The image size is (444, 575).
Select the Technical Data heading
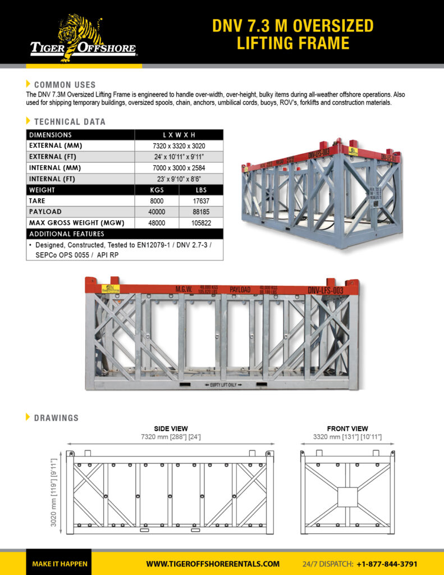[x=69, y=122]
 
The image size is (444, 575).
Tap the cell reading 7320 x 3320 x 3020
[x=178, y=146]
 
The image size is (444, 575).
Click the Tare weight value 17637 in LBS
[x=201, y=200]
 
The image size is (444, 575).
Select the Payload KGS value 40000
[x=157, y=212]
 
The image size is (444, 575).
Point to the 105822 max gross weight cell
[x=201, y=223]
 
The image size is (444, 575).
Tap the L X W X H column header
[x=178, y=135]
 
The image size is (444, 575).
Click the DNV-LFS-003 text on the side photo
[x=325, y=290]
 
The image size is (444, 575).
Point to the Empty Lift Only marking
[x=222, y=384]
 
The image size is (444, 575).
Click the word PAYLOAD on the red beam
[x=240, y=290]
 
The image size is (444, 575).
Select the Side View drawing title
[x=171, y=428]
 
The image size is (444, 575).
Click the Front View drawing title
[x=347, y=428]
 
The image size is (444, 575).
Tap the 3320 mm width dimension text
[x=347, y=437]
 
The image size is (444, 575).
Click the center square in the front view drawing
[x=347, y=496]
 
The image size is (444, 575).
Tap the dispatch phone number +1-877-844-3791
[x=387, y=564]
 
